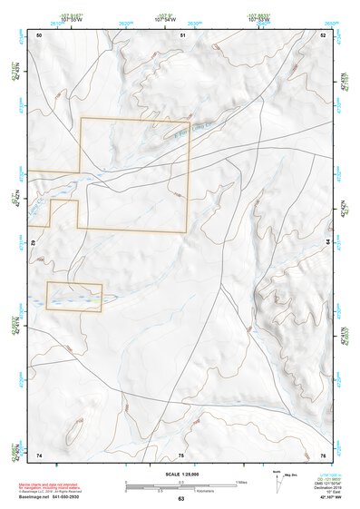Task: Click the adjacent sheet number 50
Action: point(39,34)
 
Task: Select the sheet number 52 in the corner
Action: point(324,34)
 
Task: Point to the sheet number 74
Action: point(39,455)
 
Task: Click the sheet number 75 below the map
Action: point(181,455)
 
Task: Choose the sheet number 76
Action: point(323,455)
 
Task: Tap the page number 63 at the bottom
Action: point(180,499)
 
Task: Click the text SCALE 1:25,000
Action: point(180,475)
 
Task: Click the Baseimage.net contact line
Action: point(54,497)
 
